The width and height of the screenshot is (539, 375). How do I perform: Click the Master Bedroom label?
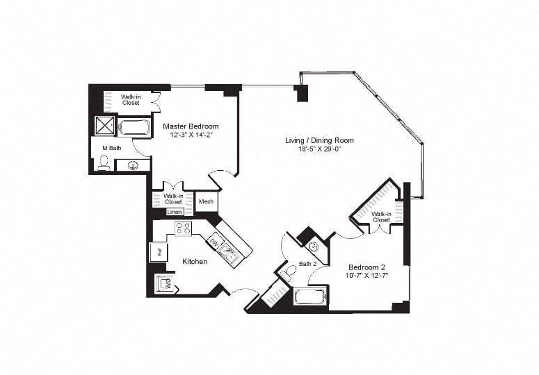191,126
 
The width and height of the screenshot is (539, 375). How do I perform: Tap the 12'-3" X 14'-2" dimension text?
191,135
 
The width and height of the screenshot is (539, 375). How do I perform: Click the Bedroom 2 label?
367,267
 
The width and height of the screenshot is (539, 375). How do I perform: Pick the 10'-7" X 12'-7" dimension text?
367,276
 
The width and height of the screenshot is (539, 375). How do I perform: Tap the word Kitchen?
195,262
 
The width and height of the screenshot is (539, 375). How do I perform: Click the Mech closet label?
206,202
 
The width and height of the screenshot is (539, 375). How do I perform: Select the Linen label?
175,212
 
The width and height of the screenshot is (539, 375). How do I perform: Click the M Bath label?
112,148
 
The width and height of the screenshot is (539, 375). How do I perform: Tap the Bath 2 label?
307,264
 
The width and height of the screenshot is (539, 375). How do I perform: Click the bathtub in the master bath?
134,127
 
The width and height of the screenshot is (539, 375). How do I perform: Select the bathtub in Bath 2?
309,297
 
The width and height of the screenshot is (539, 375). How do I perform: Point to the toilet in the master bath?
104,162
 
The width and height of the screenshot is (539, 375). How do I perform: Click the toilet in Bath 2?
291,270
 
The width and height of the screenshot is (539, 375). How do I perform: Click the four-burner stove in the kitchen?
183,228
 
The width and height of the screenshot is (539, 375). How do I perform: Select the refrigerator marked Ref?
158,251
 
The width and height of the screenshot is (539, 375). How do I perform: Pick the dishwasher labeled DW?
215,242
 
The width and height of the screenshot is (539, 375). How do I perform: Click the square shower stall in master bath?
105,125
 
